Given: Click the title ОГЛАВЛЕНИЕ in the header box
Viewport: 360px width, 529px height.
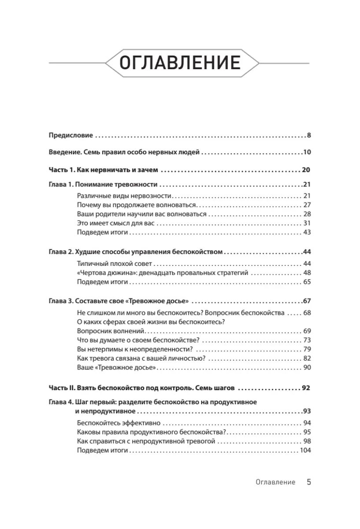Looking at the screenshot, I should click(x=180, y=63).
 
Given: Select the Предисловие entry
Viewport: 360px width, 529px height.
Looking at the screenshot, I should click(x=71, y=136).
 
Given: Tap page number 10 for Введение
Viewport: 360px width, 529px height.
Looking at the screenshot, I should click(x=307, y=153).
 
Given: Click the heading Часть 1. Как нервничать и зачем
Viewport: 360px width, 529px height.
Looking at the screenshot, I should click(x=104, y=170).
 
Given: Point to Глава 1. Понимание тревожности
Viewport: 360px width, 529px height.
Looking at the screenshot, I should click(x=103, y=186).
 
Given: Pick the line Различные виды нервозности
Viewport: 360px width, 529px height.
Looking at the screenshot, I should click(x=124, y=195).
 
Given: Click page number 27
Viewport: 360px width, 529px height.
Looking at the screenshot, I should click(x=307, y=205).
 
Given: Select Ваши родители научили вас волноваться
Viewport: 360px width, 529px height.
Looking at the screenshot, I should click(x=141, y=214).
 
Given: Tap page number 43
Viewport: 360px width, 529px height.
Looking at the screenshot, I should click(x=307, y=232).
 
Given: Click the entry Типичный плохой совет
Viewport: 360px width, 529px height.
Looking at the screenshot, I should click(x=114, y=263).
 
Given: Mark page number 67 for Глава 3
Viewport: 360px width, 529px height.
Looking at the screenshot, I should click(x=307, y=302).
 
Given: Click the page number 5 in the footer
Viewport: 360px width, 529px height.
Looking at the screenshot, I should click(x=309, y=482).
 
